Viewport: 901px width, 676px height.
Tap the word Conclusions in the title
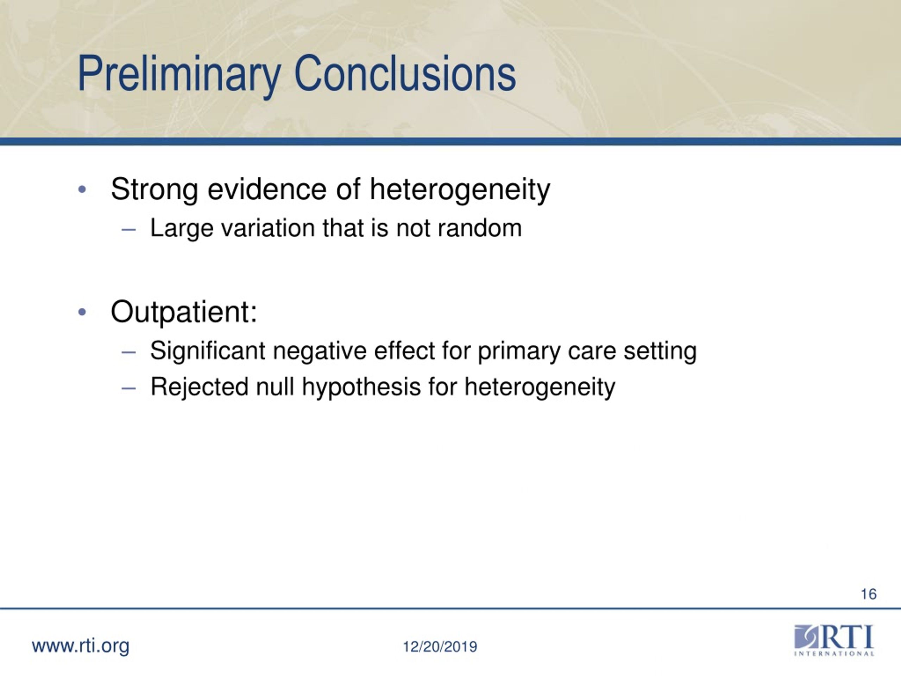(404, 73)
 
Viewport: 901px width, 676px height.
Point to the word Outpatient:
(184, 313)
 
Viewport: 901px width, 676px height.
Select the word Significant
(208, 351)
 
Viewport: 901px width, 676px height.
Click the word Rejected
(199, 387)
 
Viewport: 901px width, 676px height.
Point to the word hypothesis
(361, 387)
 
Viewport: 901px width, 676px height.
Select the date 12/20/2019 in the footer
(440, 647)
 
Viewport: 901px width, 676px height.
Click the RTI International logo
(834, 640)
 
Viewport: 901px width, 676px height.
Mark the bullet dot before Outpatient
(82, 312)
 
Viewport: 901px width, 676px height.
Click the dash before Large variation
(128, 230)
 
